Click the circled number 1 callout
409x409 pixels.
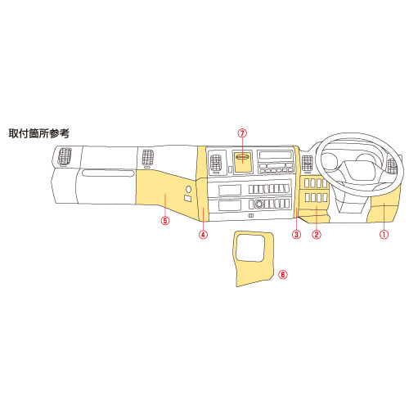384,234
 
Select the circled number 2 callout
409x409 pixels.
317,234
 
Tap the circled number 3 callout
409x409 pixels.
296,234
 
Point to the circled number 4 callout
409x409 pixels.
204,234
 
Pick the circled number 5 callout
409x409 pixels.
165,220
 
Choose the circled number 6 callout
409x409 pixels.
283,274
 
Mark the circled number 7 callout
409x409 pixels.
242,133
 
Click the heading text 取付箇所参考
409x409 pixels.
39,133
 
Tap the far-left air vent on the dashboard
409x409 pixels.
65,157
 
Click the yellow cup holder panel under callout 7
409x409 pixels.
243,162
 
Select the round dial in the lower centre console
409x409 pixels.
258,204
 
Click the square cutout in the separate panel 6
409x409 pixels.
250,248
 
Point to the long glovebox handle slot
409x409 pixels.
108,173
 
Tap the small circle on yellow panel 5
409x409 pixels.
188,189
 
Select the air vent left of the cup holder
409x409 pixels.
216,163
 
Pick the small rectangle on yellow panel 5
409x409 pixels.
187,199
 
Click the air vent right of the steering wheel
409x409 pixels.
393,166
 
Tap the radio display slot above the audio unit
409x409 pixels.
276,155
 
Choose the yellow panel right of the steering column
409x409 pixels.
384,210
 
